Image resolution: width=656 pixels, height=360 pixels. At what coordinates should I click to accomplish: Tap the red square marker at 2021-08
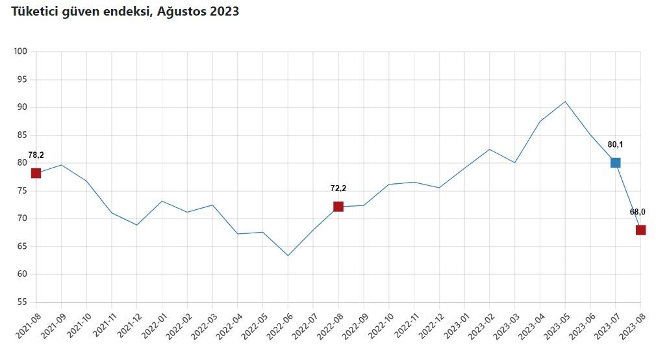36,173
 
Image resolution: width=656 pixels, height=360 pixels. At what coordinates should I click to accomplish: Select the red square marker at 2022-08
338,207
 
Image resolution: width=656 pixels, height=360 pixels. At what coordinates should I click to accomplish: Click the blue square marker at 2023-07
615,162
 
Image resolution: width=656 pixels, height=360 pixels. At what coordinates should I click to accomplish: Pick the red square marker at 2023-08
640,230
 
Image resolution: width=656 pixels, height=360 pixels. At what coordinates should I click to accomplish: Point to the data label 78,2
36,155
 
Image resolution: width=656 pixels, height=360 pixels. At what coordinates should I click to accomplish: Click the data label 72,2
338,188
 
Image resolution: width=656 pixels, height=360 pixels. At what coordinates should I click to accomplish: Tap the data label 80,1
615,144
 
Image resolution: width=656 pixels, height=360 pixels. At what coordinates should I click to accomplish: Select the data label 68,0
637,212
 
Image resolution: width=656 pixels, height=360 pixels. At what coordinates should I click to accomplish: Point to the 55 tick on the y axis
23,302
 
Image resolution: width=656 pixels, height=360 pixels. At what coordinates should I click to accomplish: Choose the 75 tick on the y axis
23,191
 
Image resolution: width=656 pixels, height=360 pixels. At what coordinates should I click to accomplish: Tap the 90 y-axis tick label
23,107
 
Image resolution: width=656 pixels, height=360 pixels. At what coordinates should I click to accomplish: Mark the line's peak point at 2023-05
565,101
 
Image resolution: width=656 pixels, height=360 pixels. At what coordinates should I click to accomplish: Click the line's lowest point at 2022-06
288,255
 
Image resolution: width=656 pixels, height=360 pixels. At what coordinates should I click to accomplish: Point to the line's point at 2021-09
61,164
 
